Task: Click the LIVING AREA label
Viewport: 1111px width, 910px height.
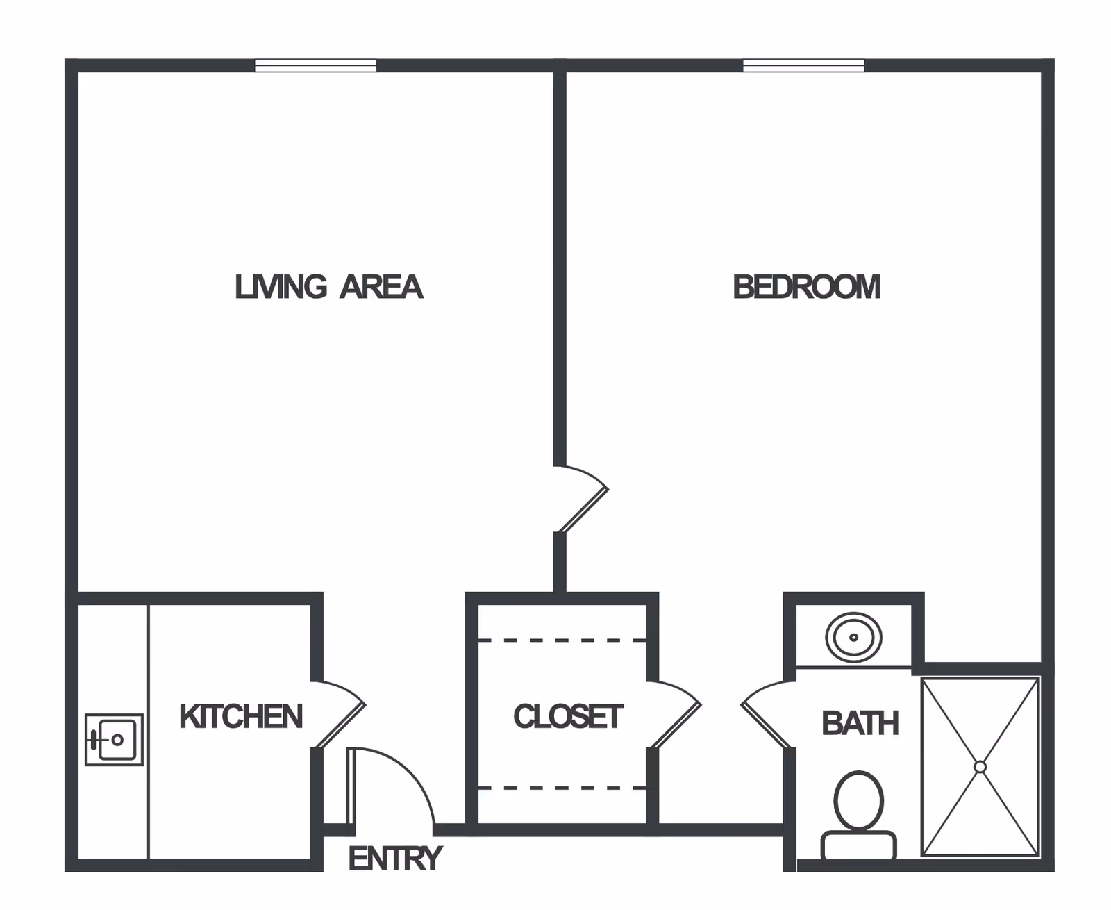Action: (x=328, y=287)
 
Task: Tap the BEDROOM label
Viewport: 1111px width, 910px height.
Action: (x=807, y=287)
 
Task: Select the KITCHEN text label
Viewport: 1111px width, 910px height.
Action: (x=241, y=717)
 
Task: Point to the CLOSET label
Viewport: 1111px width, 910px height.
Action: (x=568, y=717)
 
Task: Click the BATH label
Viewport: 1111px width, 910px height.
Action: (x=860, y=724)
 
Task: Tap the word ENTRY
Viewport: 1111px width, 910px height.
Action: (x=395, y=859)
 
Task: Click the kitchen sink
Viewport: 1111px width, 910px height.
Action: (x=114, y=740)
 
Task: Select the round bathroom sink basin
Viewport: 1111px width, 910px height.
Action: (x=853, y=637)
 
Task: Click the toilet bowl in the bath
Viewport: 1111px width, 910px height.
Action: (x=859, y=800)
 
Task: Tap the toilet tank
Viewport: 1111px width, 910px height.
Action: (x=859, y=844)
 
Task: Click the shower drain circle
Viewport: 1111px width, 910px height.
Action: (x=980, y=767)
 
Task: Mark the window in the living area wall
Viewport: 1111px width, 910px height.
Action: (x=315, y=65)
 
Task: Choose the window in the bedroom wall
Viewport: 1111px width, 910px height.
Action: (x=803, y=65)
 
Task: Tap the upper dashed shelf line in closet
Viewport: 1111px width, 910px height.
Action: (x=562, y=640)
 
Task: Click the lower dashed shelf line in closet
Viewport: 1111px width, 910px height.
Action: (x=562, y=788)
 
